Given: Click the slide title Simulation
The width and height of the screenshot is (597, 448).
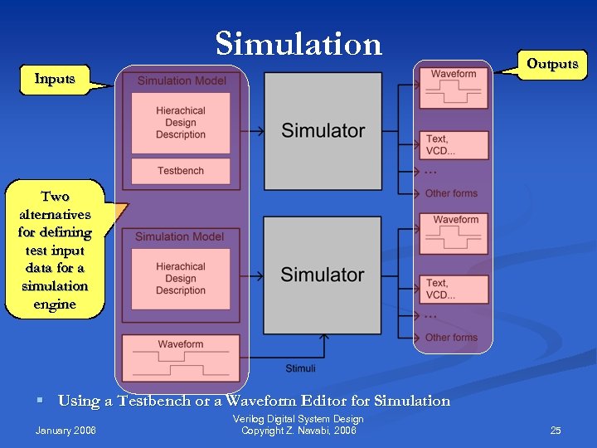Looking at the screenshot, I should pyautogui.click(x=298, y=43).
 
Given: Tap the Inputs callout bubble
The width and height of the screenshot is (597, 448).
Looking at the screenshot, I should pyautogui.click(x=55, y=79).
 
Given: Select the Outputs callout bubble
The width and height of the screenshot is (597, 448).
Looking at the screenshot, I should pyautogui.click(x=551, y=64).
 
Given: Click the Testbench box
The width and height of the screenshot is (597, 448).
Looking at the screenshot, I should pyautogui.click(x=181, y=171).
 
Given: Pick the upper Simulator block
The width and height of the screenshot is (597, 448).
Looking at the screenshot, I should pyautogui.click(x=323, y=130).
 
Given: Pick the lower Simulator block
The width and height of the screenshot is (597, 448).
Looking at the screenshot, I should pyautogui.click(x=323, y=275).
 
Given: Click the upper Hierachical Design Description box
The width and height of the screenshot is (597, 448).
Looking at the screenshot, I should pyautogui.click(x=181, y=123).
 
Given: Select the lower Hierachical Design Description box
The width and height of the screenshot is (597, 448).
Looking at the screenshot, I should pyautogui.click(x=181, y=279).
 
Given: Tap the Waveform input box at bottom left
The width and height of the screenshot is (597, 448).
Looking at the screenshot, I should pyautogui.click(x=181, y=358).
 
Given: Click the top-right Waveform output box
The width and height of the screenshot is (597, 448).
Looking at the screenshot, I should pyautogui.click(x=454, y=88).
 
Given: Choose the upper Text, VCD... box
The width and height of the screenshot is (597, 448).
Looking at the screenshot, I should pyautogui.click(x=454, y=145).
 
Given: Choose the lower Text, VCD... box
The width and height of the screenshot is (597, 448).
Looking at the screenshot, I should pyautogui.click(x=454, y=289).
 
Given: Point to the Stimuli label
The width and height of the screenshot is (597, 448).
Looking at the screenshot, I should pyautogui.click(x=300, y=368).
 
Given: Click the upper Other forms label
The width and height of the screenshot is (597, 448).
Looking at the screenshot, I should pyautogui.click(x=451, y=193).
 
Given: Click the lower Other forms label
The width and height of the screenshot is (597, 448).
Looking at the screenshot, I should pyautogui.click(x=451, y=338).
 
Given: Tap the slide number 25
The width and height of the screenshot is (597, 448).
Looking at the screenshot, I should pyautogui.click(x=556, y=430).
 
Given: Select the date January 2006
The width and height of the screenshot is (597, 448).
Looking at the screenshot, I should pyautogui.click(x=66, y=430).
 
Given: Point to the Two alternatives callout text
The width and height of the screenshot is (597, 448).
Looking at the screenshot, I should pyautogui.click(x=55, y=250).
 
